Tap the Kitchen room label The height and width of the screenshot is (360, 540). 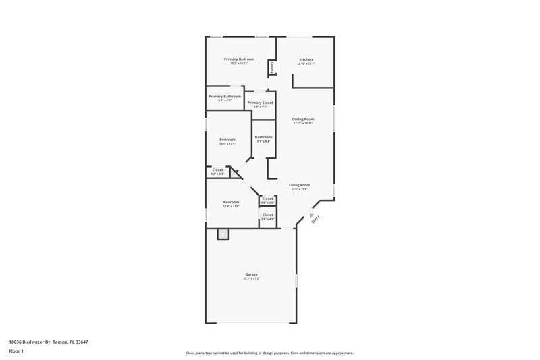[x=306, y=59]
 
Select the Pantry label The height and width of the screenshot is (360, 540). [x=271, y=68]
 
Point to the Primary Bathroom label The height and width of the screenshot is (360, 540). [x=225, y=97]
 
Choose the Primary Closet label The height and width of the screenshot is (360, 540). [x=260, y=103]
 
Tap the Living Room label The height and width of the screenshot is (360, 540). [x=299, y=185]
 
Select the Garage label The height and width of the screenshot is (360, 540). [x=251, y=274]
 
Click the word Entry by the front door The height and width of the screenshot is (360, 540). [x=315, y=218]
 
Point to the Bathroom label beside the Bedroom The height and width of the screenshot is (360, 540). [x=263, y=138]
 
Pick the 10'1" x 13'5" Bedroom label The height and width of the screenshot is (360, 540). [x=227, y=140]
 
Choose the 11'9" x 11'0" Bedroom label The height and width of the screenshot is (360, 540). [x=232, y=202]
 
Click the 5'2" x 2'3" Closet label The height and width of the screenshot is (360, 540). [x=217, y=170]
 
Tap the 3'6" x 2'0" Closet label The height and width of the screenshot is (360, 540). [x=267, y=199]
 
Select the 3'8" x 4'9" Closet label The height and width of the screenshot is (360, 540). [x=267, y=215]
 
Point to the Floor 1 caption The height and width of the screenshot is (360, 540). [x=17, y=352]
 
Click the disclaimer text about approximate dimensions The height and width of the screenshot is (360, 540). [x=269, y=353]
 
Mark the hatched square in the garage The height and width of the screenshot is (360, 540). [x=223, y=234]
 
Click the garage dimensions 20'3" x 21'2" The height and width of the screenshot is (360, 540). [x=251, y=278]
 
